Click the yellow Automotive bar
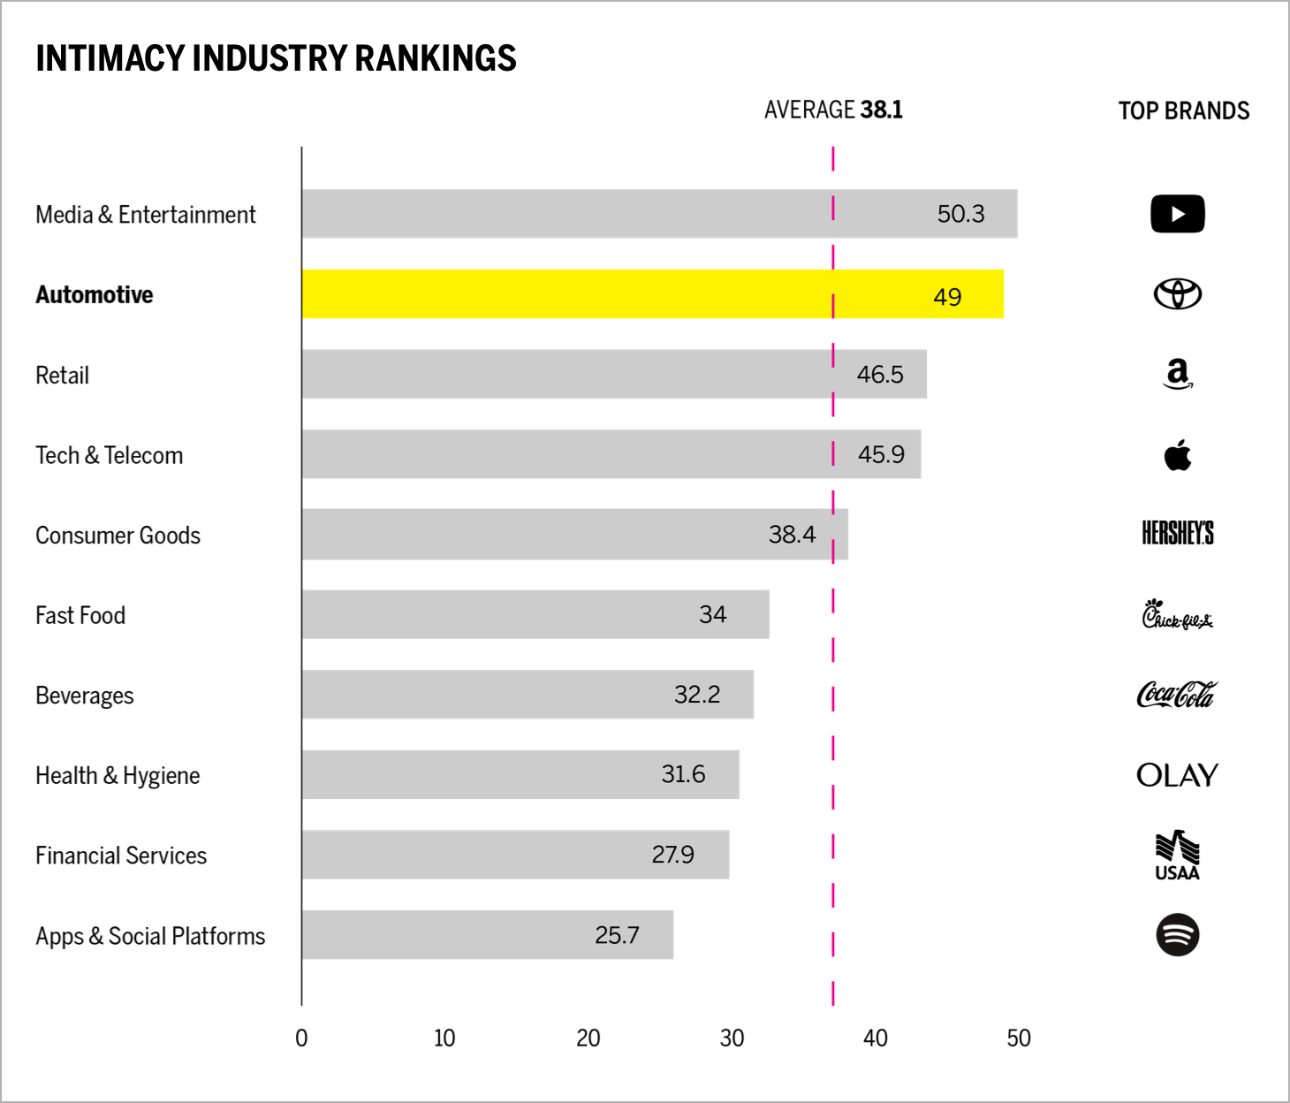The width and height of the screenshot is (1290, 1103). (x=652, y=294)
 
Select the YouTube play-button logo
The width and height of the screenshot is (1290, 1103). (x=1177, y=214)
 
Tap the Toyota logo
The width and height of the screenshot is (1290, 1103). (x=1177, y=294)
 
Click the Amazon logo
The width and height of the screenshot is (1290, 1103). (x=1177, y=374)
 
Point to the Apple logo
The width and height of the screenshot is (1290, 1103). (x=1177, y=455)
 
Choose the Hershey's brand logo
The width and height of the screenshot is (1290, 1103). (x=1177, y=534)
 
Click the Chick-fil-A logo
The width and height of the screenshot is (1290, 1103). (x=1177, y=614)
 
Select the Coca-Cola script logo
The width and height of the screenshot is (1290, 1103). (x=1177, y=695)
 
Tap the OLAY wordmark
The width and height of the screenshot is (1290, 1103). (x=1177, y=775)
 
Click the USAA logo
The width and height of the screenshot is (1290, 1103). (x=1177, y=856)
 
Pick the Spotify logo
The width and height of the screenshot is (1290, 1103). (x=1177, y=935)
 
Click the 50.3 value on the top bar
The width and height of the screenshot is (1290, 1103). (x=960, y=214)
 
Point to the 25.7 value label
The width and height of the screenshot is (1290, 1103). (x=617, y=935)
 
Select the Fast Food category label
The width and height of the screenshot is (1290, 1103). (x=80, y=615)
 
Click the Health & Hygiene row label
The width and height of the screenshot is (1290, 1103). (x=118, y=775)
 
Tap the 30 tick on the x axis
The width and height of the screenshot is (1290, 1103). (x=732, y=1038)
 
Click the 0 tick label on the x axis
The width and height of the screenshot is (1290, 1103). (x=301, y=1038)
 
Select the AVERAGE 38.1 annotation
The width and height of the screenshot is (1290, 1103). (x=833, y=110)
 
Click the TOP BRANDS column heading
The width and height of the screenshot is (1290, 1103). (x=1183, y=110)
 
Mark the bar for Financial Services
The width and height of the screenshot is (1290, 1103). (x=515, y=855)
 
